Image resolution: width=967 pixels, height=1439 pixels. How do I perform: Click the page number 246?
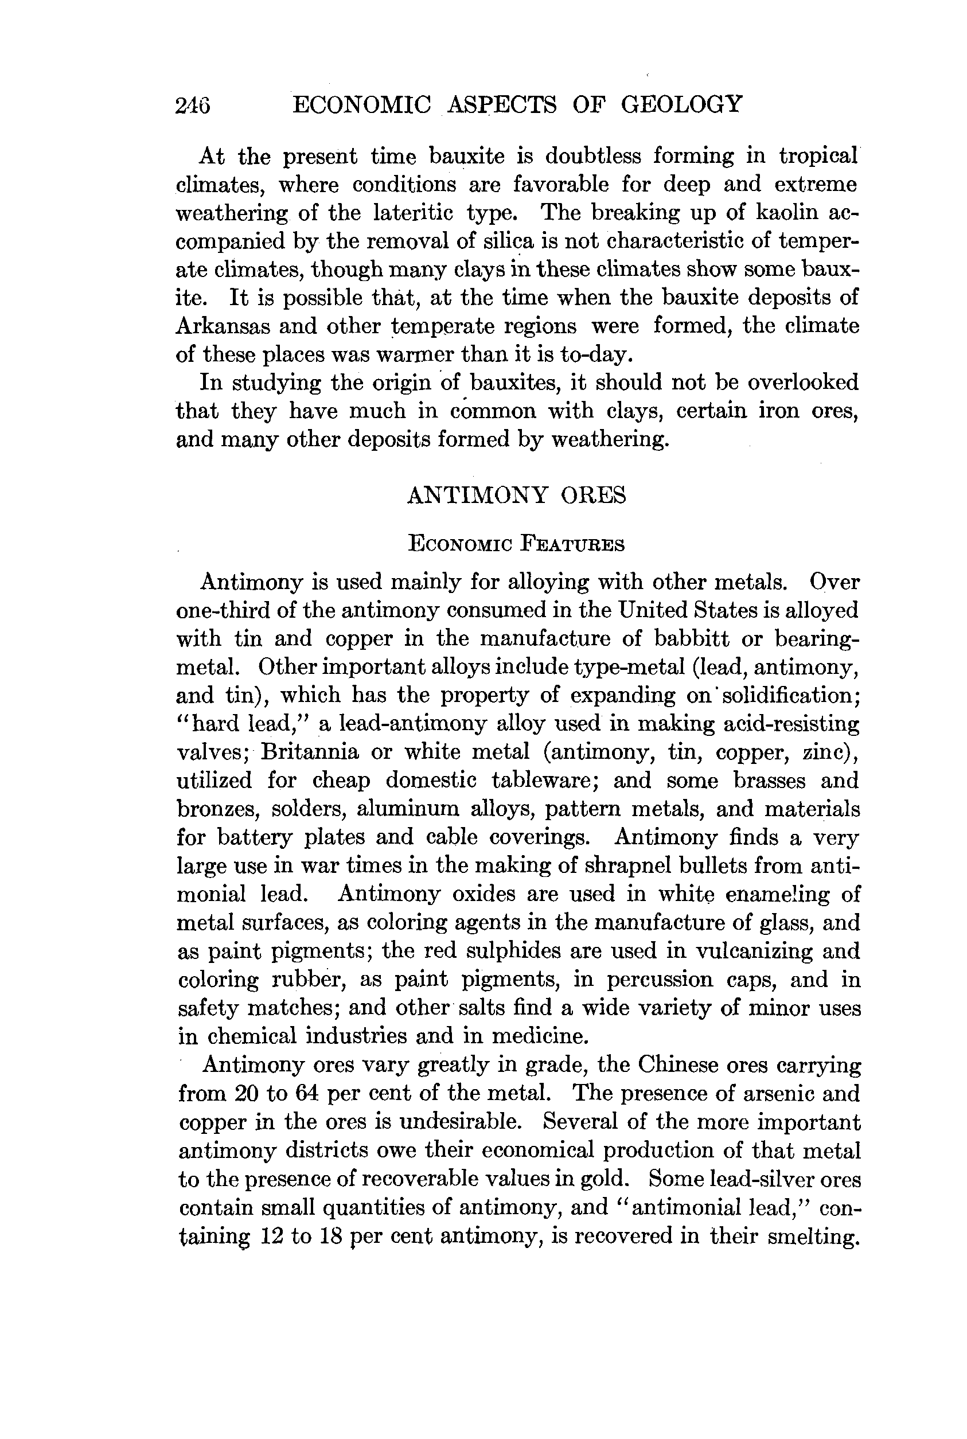coord(193,105)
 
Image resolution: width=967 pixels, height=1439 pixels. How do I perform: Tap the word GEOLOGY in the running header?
coord(681,104)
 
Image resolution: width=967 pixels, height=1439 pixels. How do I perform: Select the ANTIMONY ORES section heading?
coord(516,495)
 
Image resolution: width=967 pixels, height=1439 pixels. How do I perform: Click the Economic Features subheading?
coord(516,544)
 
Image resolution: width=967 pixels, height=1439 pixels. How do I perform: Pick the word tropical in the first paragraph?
coord(818,156)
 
